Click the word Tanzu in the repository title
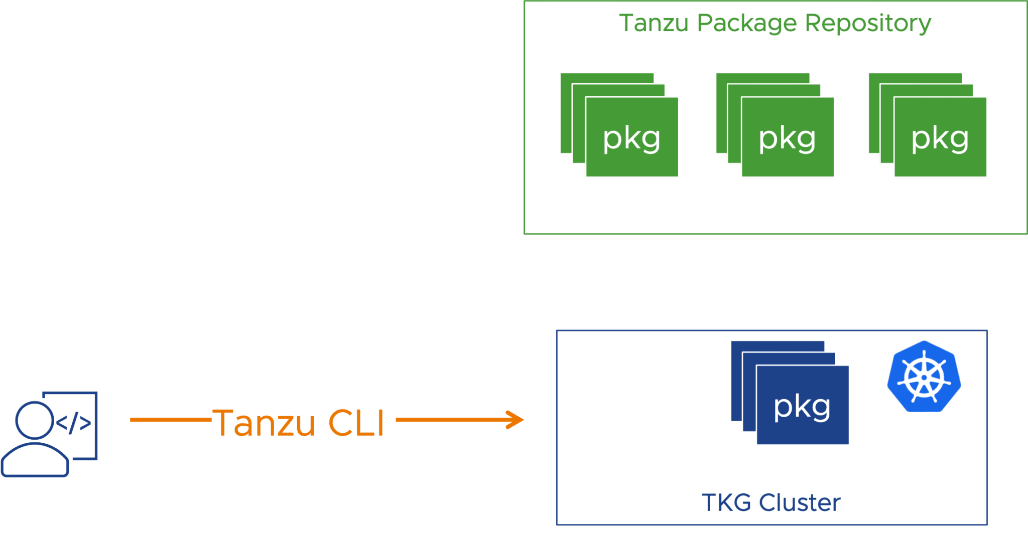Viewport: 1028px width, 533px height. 653,23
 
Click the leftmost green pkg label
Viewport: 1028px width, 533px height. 631,139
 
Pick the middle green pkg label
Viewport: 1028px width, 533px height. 787,139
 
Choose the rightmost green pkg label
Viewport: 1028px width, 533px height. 940,139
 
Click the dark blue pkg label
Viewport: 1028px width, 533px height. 802,408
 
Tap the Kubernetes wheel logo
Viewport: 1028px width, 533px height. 924,377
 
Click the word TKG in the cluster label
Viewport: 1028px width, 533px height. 726,503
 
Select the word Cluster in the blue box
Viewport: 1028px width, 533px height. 800,503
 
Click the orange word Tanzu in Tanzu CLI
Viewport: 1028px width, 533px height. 264,423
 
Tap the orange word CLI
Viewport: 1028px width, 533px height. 356,423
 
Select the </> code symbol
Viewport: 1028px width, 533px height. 73,423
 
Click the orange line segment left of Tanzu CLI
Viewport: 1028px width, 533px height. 171,420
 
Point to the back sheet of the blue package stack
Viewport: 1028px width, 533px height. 778,346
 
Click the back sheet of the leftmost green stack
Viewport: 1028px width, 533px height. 607,78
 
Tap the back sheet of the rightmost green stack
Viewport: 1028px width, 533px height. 915,78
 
